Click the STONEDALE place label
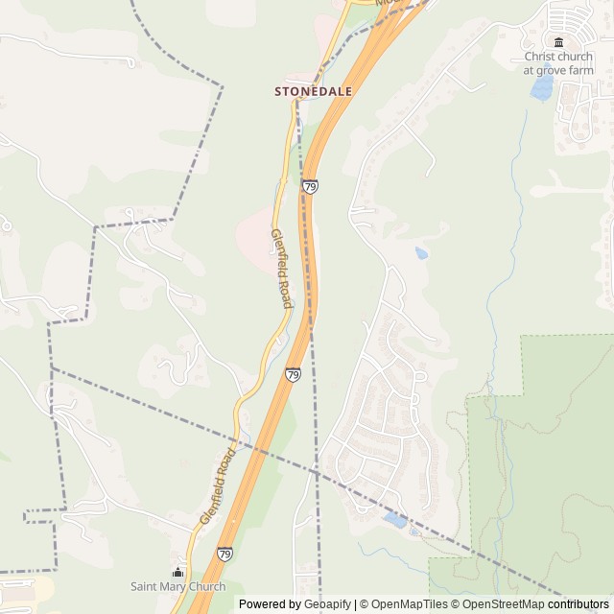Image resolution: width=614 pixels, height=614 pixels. point(313,91)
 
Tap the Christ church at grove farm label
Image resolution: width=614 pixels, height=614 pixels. point(558,62)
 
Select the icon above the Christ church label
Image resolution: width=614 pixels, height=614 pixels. point(558,41)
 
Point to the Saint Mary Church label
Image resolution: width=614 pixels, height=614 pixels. point(178,586)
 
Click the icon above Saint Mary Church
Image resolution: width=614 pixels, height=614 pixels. point(177,572)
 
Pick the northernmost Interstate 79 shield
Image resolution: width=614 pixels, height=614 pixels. point(310,186)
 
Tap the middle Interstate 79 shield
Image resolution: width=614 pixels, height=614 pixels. point(293,374)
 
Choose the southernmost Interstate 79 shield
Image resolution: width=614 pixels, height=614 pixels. point(224,554)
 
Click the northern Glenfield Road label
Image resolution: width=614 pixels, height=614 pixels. point(280,269)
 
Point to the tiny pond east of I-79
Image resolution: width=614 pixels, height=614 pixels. point(421,253)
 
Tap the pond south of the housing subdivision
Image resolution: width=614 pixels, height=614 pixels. point(394,519)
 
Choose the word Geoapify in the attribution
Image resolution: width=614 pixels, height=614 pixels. point(327,604)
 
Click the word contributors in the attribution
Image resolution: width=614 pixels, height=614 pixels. point(578,604)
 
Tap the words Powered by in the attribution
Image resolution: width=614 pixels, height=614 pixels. point(270,604)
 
